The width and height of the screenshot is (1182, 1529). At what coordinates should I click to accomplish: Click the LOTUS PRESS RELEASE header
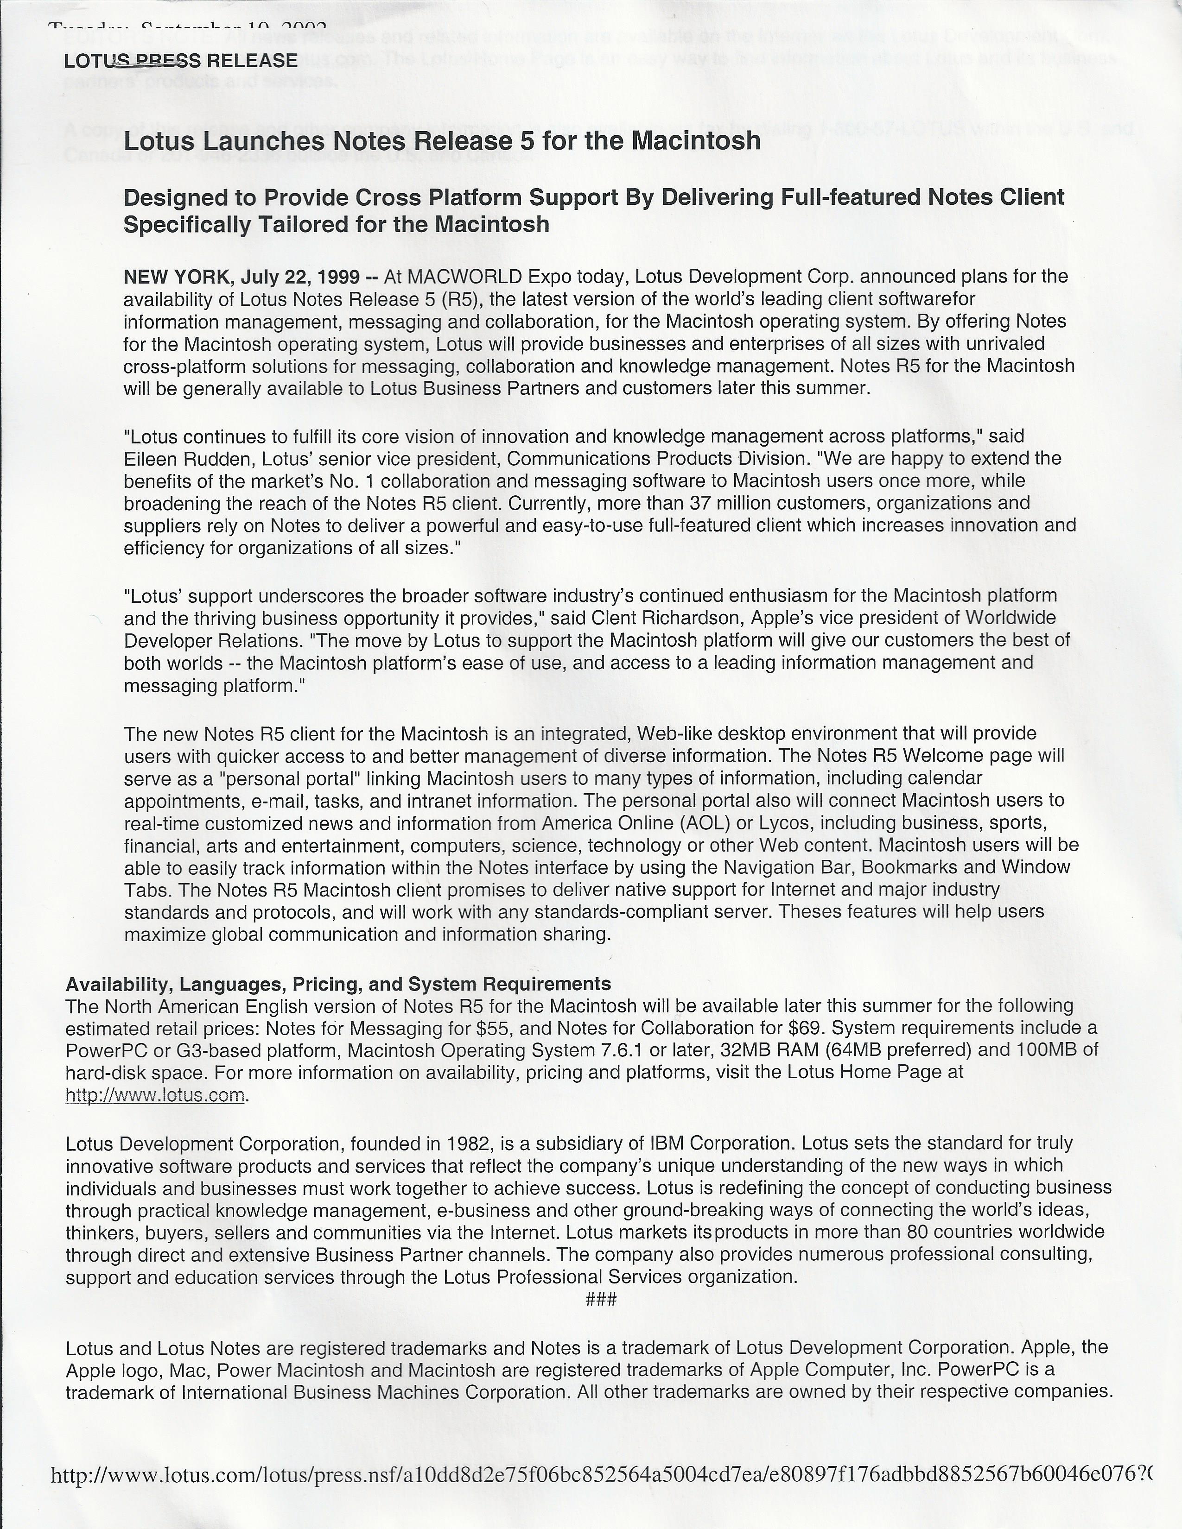[x=181, y=61]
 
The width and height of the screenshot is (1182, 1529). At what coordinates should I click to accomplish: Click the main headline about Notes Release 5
[x=442, y=141]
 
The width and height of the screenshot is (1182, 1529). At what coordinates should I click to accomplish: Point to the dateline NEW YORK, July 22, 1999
[x=241, y=277]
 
